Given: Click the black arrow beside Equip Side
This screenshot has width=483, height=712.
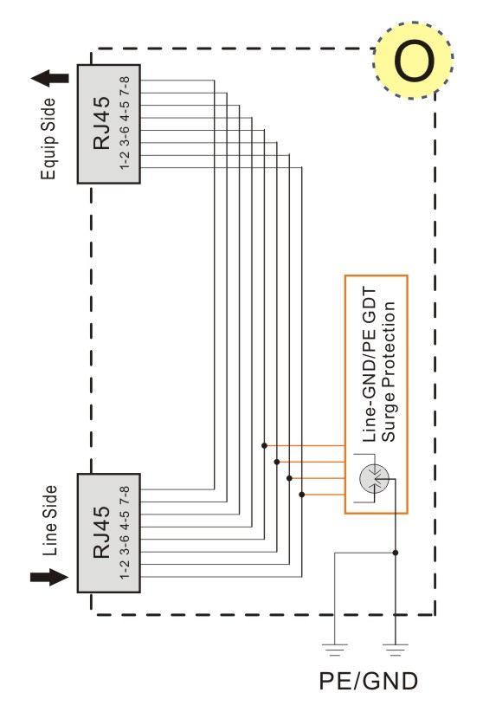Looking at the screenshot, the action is pos(50,78).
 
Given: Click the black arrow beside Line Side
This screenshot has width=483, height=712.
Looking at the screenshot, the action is pos(49,577).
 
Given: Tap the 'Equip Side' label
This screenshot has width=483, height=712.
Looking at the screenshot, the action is pos(48,139).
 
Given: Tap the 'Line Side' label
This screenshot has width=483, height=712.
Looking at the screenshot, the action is pos(50,521).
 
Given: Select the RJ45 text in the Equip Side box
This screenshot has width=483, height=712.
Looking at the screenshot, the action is pos(101,123).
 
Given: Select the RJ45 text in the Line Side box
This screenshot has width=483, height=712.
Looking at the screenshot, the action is pos(101,532).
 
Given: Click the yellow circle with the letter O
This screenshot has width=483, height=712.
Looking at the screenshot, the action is pos(413,61).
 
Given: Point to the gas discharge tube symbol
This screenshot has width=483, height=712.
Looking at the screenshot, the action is pos(374,479).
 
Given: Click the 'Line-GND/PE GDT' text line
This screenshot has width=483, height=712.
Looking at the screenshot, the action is pos(370,364).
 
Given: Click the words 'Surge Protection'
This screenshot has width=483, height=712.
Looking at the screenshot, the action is pos(388,372).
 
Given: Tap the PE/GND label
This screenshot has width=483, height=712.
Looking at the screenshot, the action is pos(368,681).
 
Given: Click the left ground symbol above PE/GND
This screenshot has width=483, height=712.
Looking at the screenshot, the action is pos(335,650).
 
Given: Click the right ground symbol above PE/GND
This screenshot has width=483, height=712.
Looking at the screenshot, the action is pos(396,650).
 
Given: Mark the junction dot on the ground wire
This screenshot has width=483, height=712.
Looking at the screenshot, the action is pos(396,553).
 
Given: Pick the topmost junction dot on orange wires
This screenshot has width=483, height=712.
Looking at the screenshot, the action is pos(264,446).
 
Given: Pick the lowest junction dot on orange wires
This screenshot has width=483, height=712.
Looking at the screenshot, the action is pos(302,495).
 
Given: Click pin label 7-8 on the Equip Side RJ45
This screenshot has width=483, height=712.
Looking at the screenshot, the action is pos(125,86).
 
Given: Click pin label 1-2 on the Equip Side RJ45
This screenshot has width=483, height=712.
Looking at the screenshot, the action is pos(125,160).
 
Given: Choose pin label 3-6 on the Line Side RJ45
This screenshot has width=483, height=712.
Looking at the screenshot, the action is pos(125,545).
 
